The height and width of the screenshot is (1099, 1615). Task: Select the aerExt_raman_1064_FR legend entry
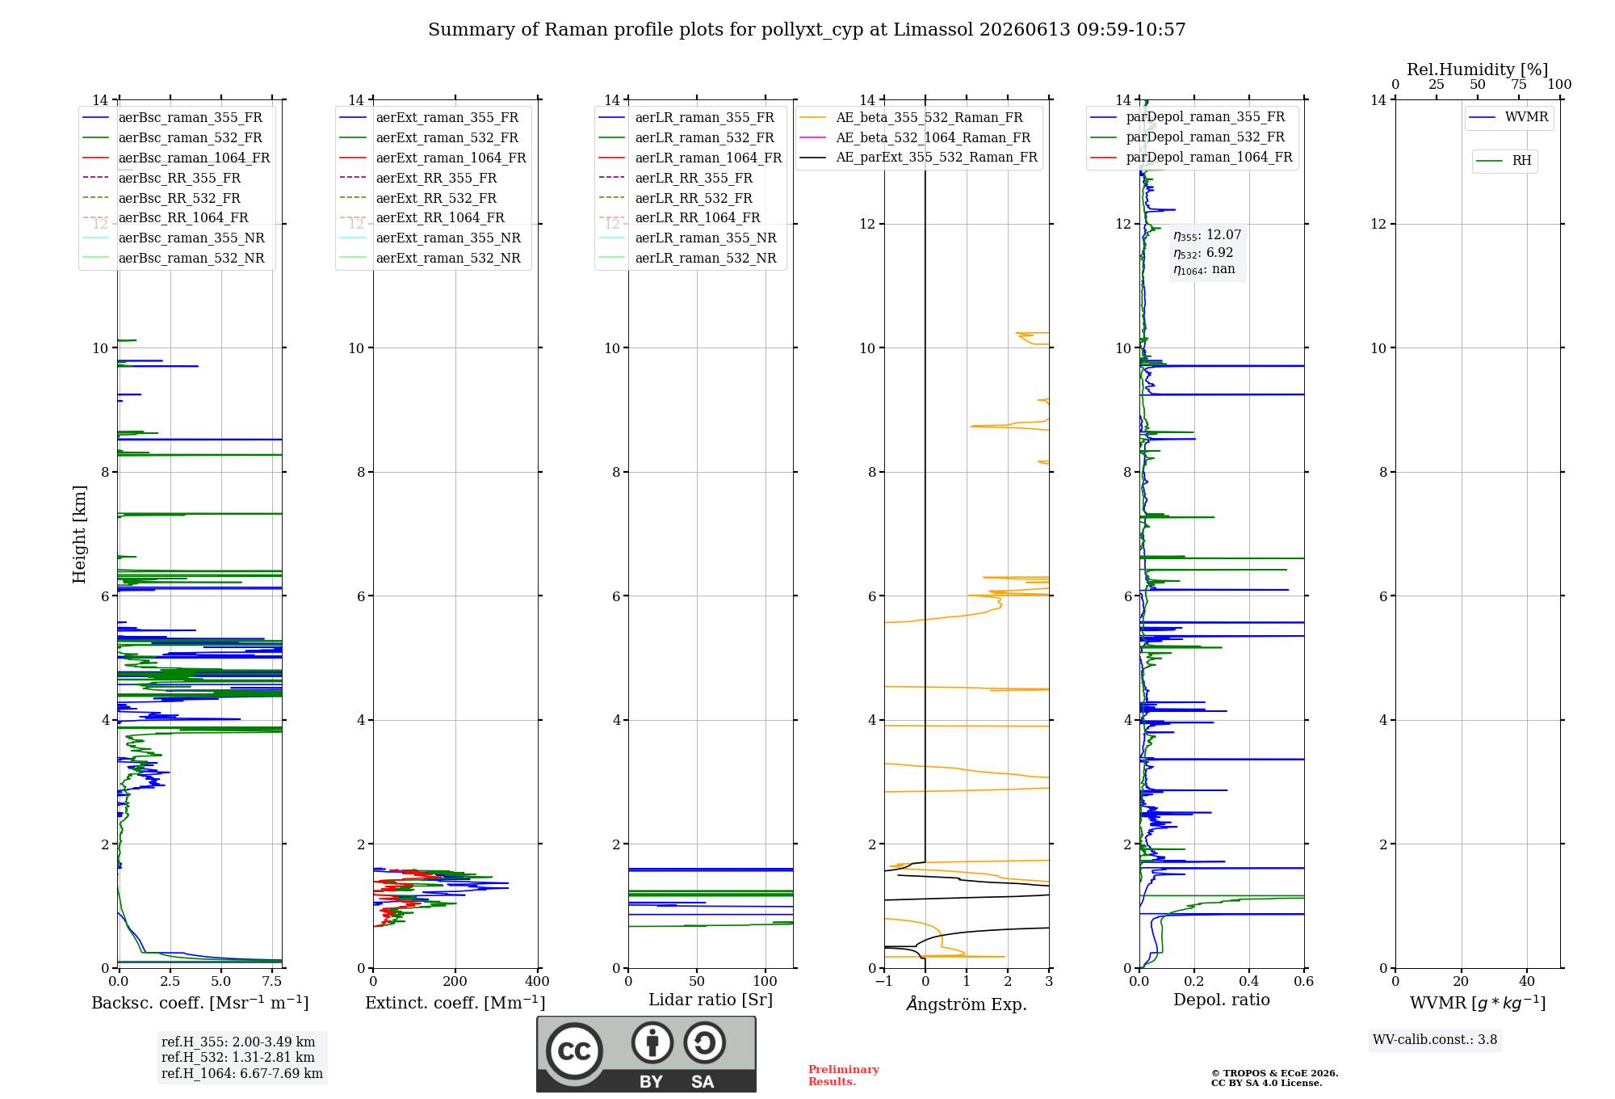pos(433,158)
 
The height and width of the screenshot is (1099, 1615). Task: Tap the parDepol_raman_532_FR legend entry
pos(1188,137)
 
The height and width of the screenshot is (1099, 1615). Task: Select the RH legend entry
pos(1504,161)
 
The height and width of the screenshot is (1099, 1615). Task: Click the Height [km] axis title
pos(79,533)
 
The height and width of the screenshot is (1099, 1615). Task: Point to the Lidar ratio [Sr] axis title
pos(711,1000)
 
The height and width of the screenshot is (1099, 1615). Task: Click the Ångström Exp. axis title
pos(967,1004)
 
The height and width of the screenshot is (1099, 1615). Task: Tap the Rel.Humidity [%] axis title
pos(1478,69)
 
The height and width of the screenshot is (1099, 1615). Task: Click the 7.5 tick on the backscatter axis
pos(272,981)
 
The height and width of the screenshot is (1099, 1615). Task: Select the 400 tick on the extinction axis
pos(538,981)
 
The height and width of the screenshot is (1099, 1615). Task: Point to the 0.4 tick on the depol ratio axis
pos(1249,981)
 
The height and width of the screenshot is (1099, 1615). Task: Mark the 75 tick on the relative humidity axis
pos(1519,85)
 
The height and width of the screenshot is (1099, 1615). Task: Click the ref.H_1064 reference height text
pos(242,1073)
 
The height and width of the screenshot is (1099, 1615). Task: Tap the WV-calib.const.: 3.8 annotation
pos(1435,1039)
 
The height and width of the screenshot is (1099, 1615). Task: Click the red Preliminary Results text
pos(844,1076)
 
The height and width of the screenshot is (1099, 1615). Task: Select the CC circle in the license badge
pos(574,1051)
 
